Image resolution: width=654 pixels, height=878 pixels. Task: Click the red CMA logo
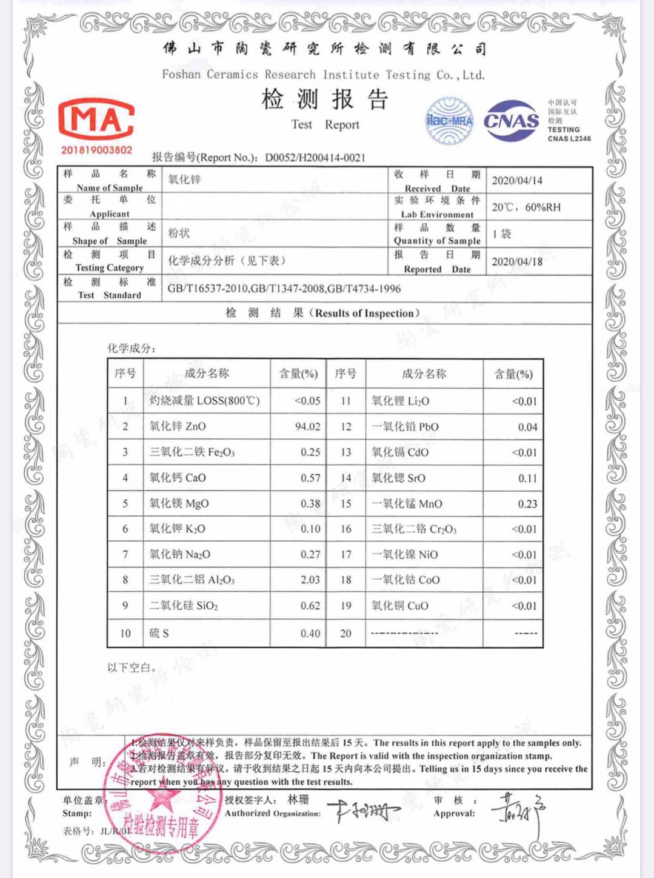[x=96, y=119]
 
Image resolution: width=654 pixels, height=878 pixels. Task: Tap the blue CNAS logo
[x=511, y=120]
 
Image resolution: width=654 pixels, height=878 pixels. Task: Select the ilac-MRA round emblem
[x=449, y=121]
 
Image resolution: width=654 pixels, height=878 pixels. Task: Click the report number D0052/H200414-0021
[x=315, y=158]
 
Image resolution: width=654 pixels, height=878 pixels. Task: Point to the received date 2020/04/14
[x=517, y=181]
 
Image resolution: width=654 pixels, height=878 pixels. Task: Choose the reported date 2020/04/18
[x=517, y=261]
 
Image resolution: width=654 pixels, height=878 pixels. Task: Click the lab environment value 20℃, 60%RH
[x=526, y=207]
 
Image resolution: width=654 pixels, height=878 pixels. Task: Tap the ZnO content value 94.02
[x=307, y=426]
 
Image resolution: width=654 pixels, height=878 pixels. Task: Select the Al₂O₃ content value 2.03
[x=310, y=580]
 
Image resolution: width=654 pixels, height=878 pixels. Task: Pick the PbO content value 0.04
[x=527, y=427]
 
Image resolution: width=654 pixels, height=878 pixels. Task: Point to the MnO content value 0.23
[x=527, y=504]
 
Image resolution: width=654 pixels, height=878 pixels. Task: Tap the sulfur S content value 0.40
[x=310, y=633]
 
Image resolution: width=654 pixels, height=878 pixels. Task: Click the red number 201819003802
[x=96, y=150]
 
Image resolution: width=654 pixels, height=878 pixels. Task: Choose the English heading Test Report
[x=325, y=125]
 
